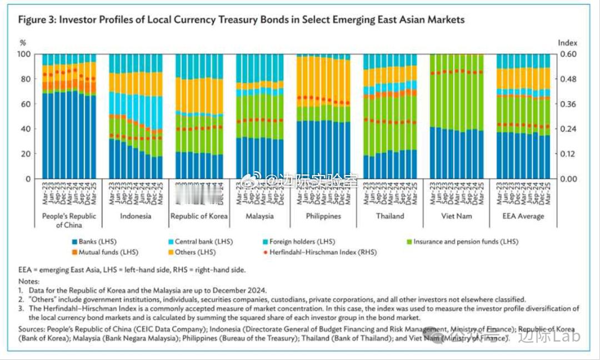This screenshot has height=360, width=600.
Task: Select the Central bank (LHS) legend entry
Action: click(x=200, y=242)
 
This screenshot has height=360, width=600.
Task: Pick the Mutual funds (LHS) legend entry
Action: click(x=102, y=252)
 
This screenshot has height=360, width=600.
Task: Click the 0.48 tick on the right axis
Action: click(x=568, y=79)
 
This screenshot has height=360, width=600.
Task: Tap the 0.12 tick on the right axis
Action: click(x=568, y=154)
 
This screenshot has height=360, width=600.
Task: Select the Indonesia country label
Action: click(x=135, y=216)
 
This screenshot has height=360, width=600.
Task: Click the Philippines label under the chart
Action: click(x=323, y=216)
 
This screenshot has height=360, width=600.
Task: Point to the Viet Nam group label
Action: click(x=456, y=216)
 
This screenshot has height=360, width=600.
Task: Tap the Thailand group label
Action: click(x=389, y=216)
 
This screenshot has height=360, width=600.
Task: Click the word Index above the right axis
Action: click(x=567, y=42)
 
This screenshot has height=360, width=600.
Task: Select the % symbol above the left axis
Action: click(x=23, y=42)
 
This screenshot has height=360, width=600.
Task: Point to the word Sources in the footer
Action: click(x=31, y=329)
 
